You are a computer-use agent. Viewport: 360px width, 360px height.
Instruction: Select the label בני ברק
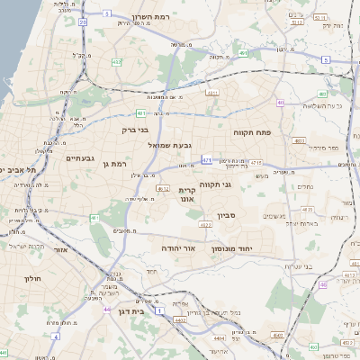pyautogui.click(x=135, y=130)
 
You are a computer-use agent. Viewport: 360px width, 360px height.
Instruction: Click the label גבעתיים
pyautogui.click(x=80, y=157)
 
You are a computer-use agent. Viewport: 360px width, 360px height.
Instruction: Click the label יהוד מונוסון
pyautogui.click(x=256, y=247)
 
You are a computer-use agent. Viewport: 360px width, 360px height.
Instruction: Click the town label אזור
pyautogui.click(x=61, y=249)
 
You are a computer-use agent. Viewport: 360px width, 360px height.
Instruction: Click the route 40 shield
pyautogui.click(x=282, y=103)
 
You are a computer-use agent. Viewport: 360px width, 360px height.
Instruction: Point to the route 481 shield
pyautogui.click(x=141, y=113)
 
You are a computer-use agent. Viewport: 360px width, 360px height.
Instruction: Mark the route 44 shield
pyautogui.click(x=107, y=310)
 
